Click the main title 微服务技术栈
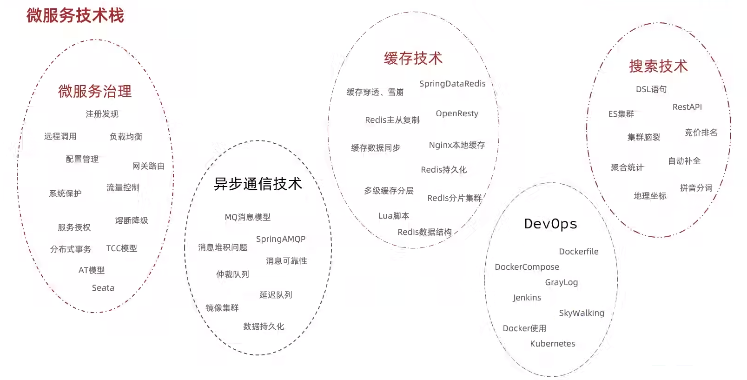click(75, 15)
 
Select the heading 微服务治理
click(95, 91)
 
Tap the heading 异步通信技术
click(258, 184)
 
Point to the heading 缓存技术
click(413, 58)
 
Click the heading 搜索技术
click(658, 66)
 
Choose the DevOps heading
click(550, 224)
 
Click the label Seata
click(103, 288)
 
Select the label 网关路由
click(148, 166)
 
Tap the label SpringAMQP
click(281, 239)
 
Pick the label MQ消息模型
click(247, 217)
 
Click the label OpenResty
click(457, 113)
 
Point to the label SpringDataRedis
click(452, 84)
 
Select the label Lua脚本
click(394, 216)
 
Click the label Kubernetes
click(553, 344)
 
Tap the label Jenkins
click(527, 298)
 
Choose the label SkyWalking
click(582, 313)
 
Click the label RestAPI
click(687, 107)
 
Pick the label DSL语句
click(651, 89)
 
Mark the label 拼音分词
click(696, 188)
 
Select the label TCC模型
click(122, 248)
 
